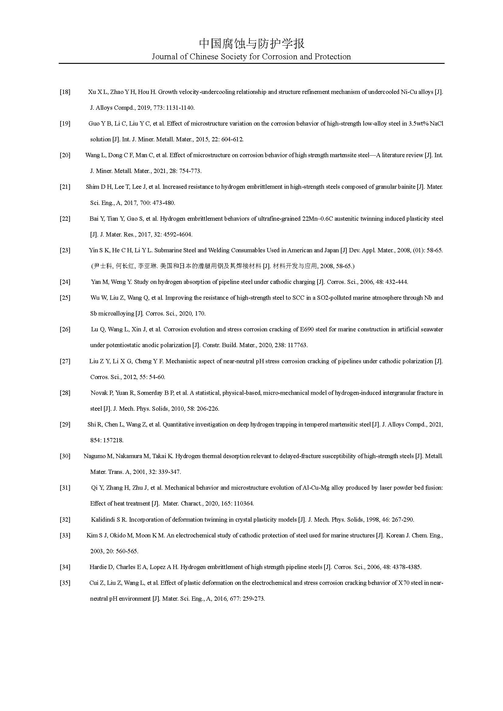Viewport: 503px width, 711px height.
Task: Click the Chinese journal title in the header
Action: (251, 44)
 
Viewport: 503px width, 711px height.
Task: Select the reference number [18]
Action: (65, 92)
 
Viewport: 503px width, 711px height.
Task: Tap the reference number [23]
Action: (65, 250)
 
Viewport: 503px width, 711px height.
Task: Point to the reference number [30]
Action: (65, 456)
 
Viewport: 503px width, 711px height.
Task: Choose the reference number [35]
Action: (65, 583)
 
